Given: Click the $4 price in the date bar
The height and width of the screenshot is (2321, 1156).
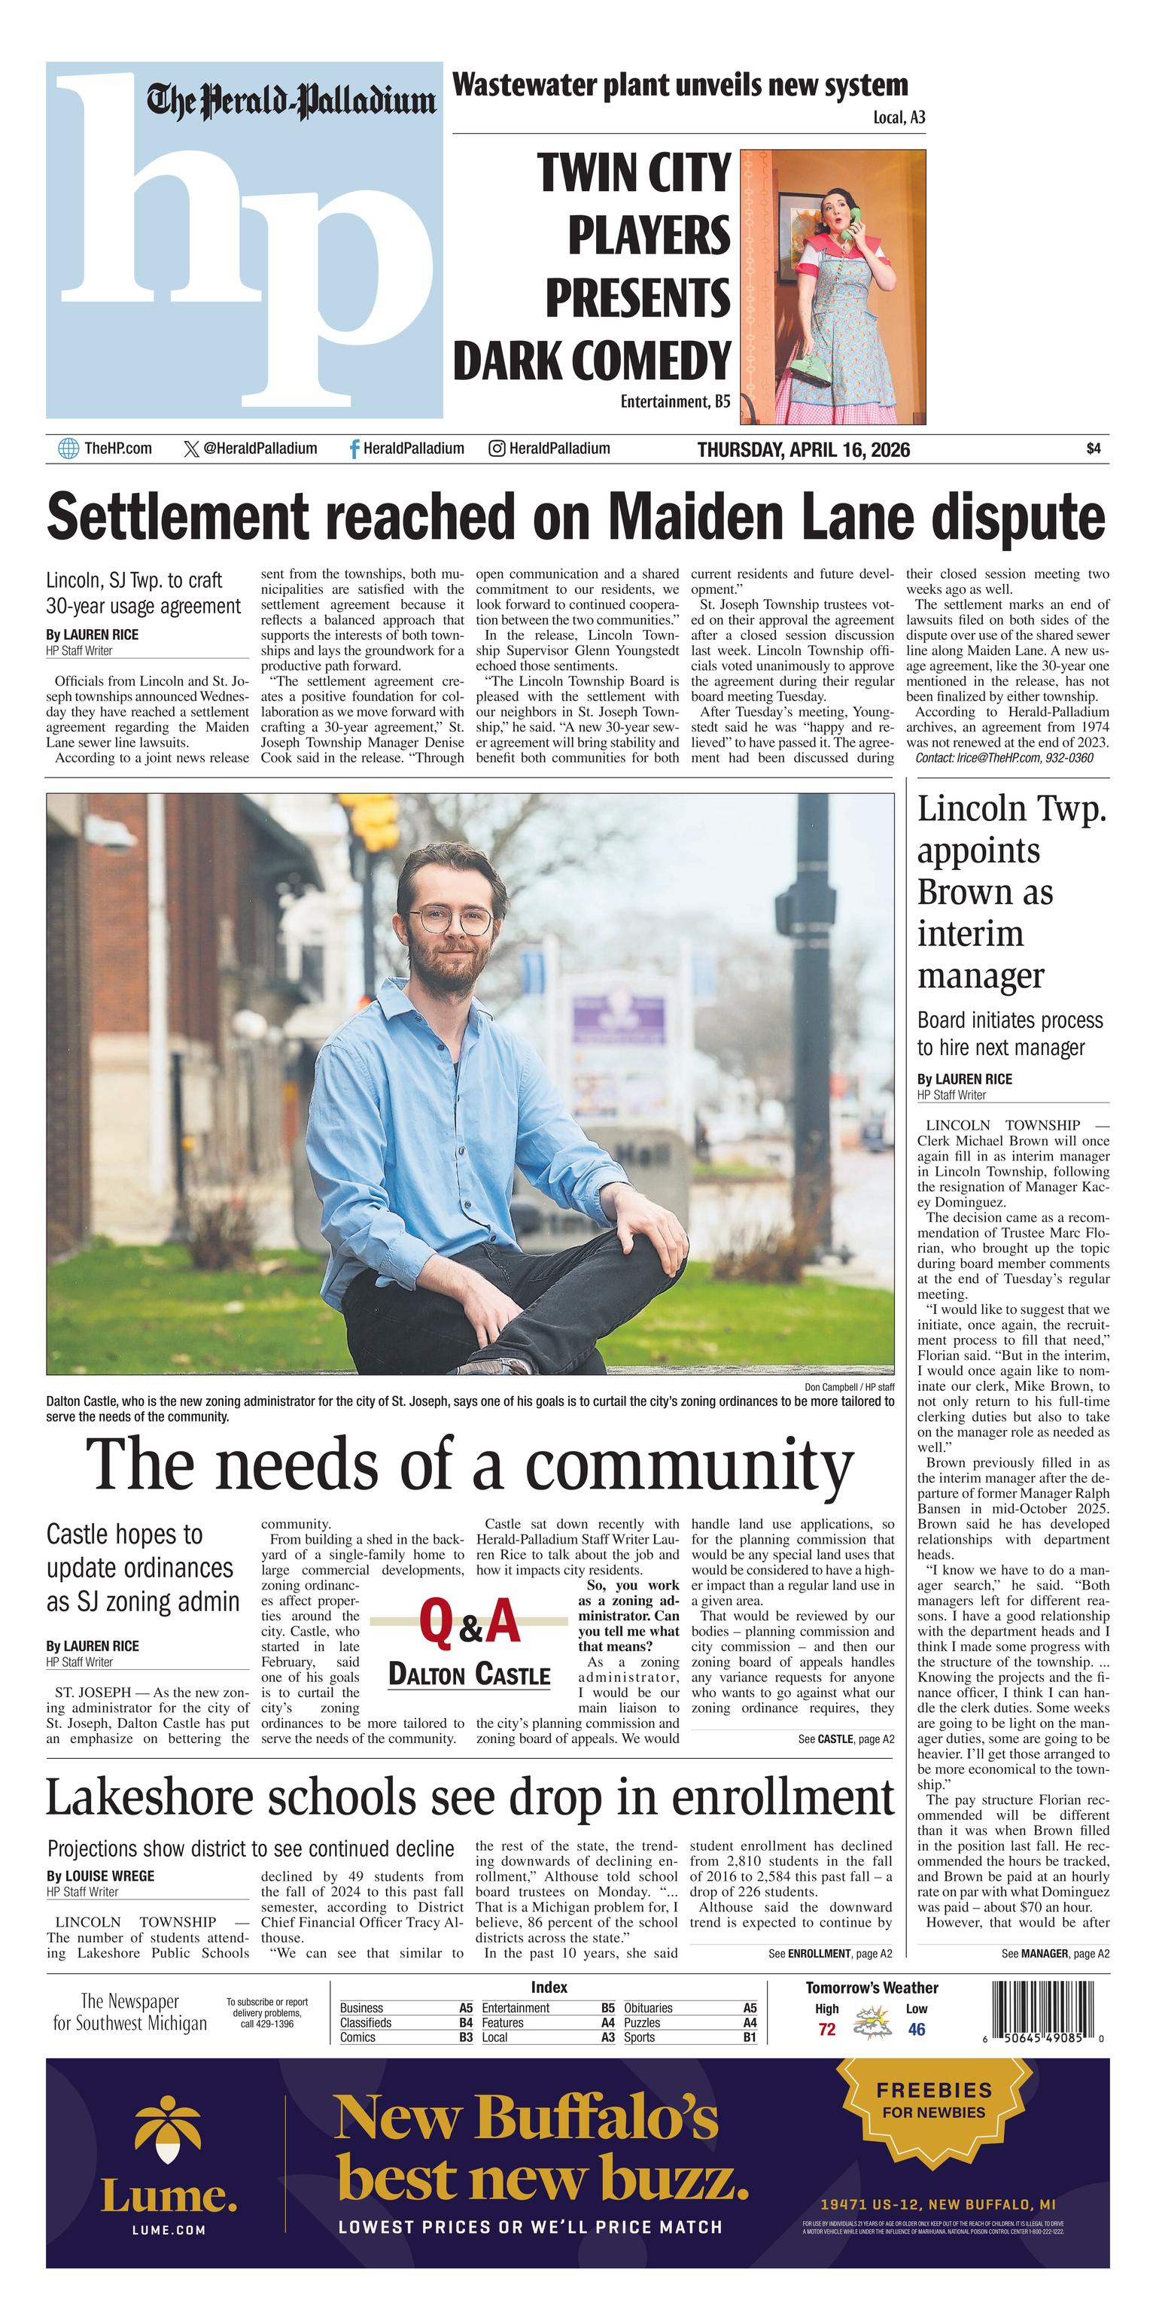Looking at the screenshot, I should (1093, 449).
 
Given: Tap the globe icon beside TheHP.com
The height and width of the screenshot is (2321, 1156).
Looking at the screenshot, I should (68, 449).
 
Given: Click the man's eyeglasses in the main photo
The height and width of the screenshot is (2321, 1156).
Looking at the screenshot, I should (452, 921).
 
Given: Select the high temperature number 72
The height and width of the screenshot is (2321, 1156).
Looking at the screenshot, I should (826, 2029).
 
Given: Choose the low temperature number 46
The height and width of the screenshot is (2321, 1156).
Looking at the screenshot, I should (917, 2029).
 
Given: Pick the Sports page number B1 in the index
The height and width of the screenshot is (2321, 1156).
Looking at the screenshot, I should (750, 2037).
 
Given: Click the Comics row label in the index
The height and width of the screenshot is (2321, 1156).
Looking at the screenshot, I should (357, 2037).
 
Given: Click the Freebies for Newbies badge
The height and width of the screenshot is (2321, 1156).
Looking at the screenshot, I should (933, 2102).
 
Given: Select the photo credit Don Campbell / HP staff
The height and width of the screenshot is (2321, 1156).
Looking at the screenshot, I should (849, 1386).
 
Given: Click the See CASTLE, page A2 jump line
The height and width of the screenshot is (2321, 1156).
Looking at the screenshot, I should (846, 1739).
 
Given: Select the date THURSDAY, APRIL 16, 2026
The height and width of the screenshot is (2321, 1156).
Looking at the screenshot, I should (803, 449).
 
